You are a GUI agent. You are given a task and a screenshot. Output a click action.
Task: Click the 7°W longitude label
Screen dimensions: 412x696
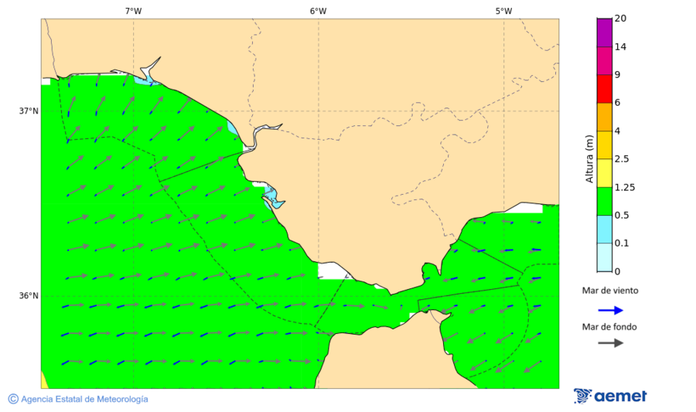133,11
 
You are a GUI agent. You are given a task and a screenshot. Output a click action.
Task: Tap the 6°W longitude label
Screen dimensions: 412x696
318,11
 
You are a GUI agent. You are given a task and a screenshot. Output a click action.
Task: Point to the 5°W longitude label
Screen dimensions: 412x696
503,11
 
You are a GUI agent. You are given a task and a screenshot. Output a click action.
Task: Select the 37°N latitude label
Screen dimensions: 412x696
29,111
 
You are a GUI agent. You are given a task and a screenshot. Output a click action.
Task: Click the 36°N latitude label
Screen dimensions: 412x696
29,296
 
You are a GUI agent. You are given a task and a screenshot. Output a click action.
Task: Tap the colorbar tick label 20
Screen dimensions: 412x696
619,19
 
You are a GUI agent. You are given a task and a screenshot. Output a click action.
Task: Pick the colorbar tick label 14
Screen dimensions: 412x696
619,46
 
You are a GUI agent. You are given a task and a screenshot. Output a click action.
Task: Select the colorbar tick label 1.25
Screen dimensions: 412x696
624,187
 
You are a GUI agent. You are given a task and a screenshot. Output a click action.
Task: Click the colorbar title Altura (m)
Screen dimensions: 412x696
589,158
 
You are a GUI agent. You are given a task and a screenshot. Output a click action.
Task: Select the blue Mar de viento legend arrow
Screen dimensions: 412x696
610,310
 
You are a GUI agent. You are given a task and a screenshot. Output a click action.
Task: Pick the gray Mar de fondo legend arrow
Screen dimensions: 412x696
610,342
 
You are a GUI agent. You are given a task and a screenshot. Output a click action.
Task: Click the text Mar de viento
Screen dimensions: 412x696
610,291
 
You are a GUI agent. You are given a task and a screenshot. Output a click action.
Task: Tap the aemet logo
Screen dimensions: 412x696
610,396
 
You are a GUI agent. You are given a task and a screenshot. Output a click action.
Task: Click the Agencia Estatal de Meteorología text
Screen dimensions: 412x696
84,399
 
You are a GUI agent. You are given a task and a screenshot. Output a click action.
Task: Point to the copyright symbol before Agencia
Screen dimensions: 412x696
13,399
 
